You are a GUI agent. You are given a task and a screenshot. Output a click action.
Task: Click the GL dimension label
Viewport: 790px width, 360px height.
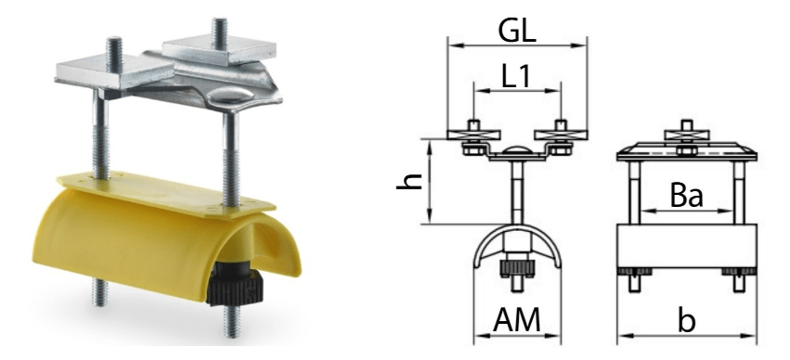coord(517,30)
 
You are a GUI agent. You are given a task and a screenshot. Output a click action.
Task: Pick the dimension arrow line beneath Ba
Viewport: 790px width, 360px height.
coord(686,212)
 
